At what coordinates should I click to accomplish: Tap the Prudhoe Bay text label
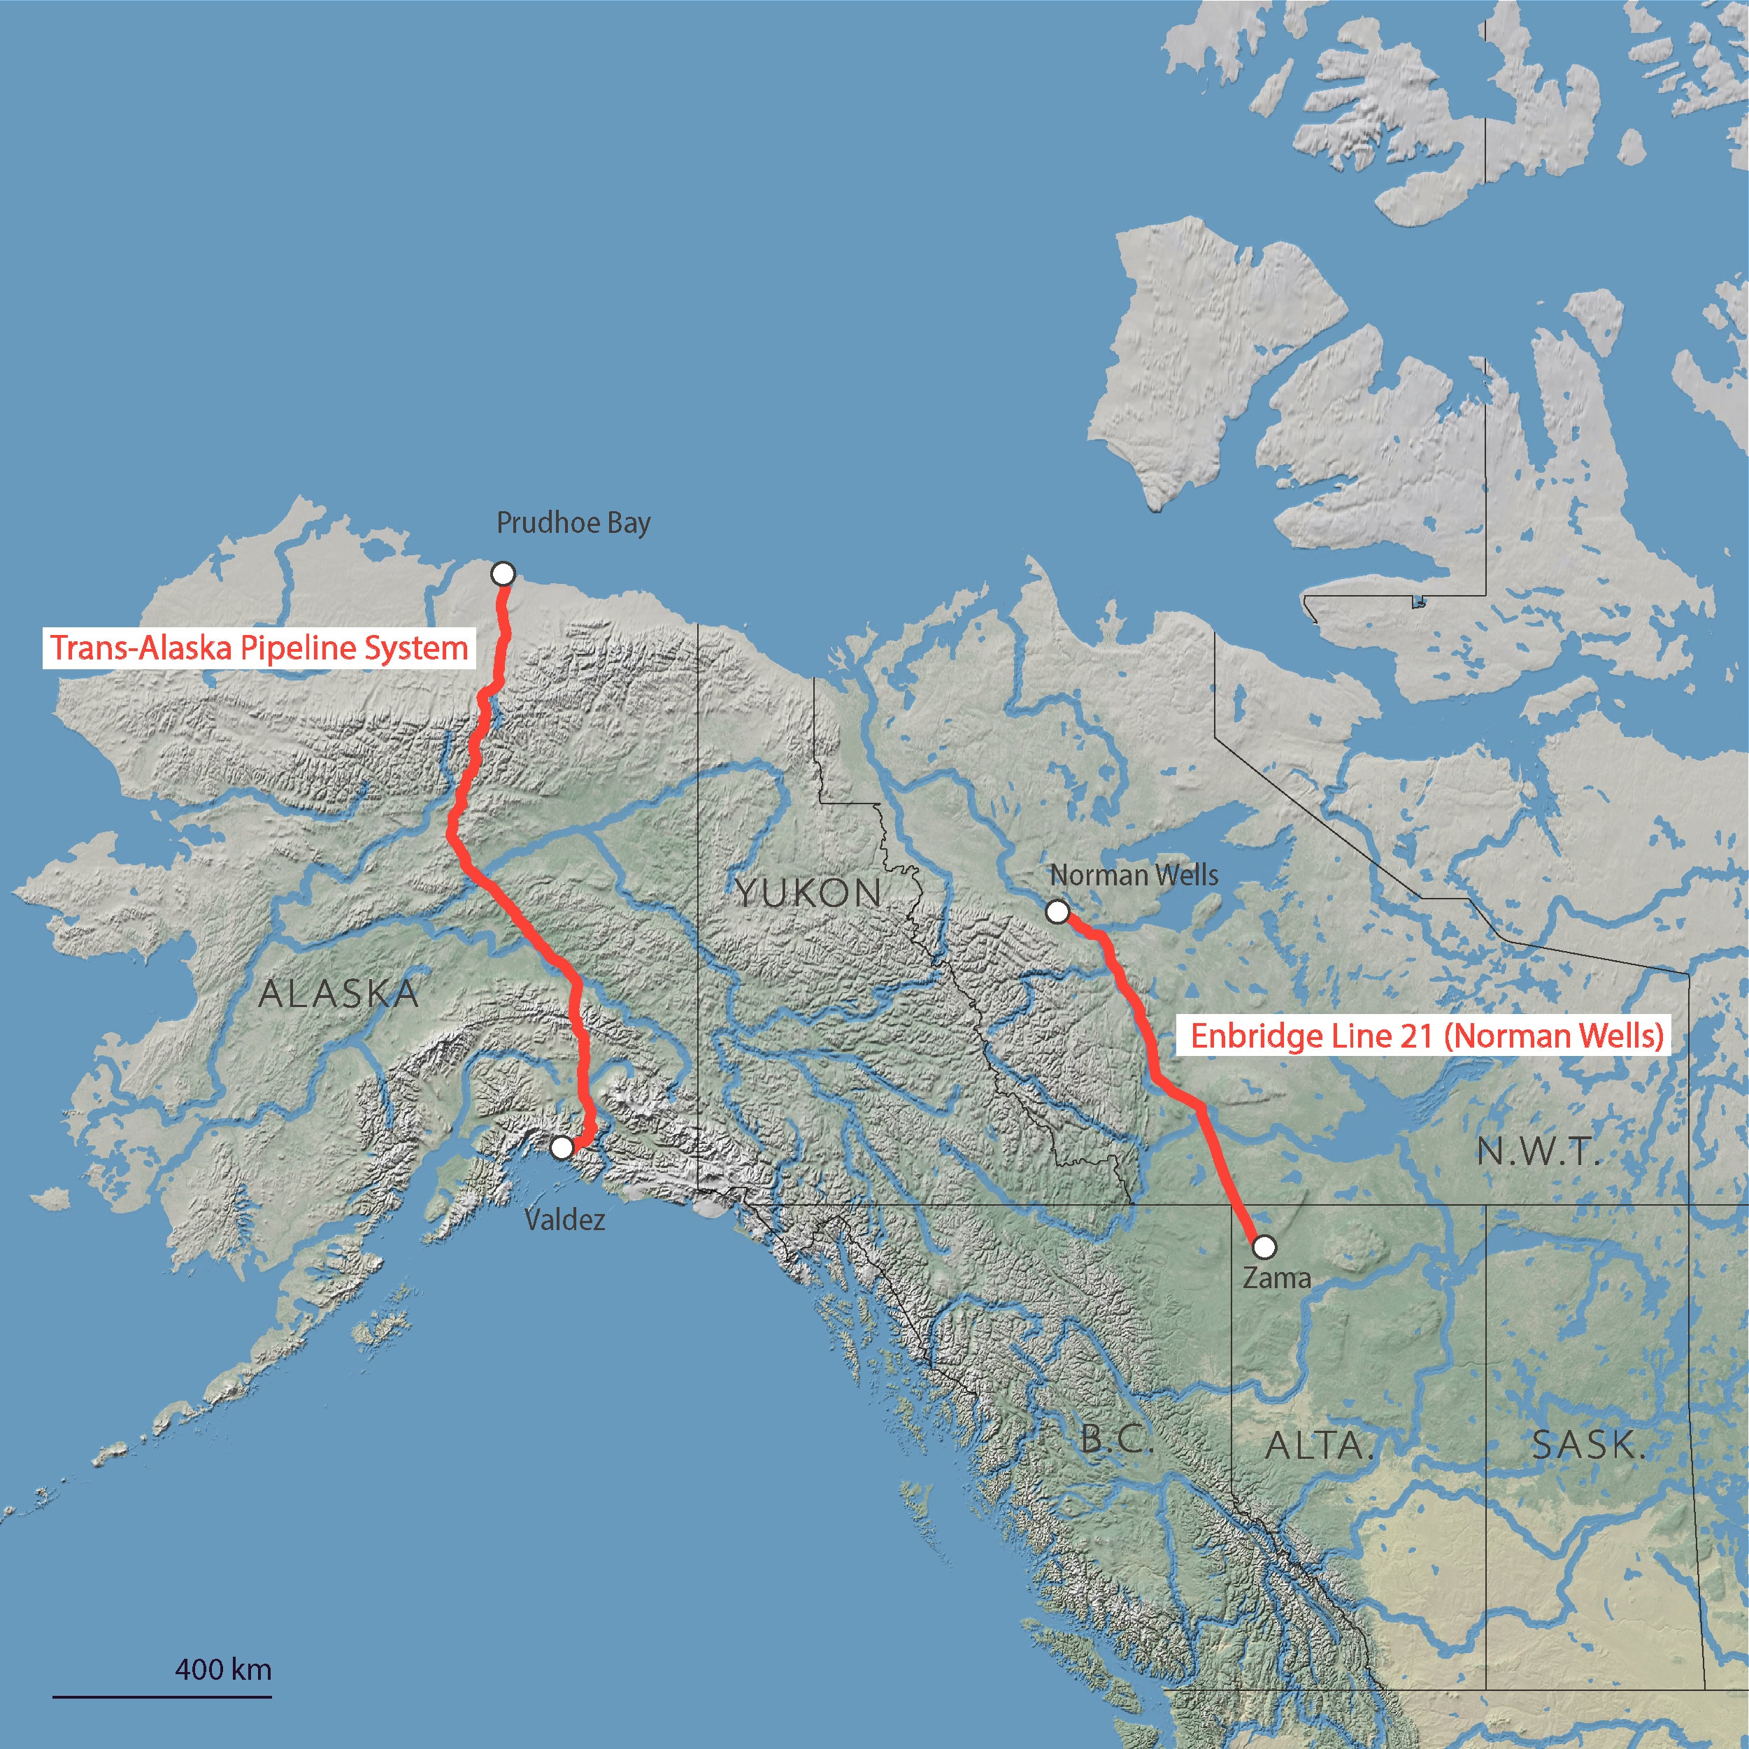pos(573,523)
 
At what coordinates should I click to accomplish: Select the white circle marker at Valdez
pos(562,1148)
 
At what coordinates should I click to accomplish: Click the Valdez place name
pos(565,1220)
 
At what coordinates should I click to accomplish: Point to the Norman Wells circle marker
pos(1057,912)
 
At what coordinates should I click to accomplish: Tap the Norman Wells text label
pos(1134,876)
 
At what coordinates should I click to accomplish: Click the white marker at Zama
pos(1264,1248)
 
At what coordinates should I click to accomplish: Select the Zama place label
pos(1276,1278)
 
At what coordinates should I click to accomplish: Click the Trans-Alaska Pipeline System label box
pos(259,648)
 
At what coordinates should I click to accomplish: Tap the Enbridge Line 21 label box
pos(1427,1036)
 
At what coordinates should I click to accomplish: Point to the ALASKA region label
pos(338,994)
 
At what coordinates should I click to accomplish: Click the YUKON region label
pos(808,894)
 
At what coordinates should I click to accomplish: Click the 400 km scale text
pos(222,1669)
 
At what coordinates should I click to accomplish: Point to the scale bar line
pos(162,1697)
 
